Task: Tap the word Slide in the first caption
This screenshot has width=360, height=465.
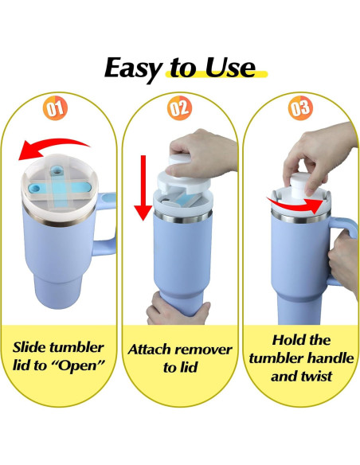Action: (x=33, y=348)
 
